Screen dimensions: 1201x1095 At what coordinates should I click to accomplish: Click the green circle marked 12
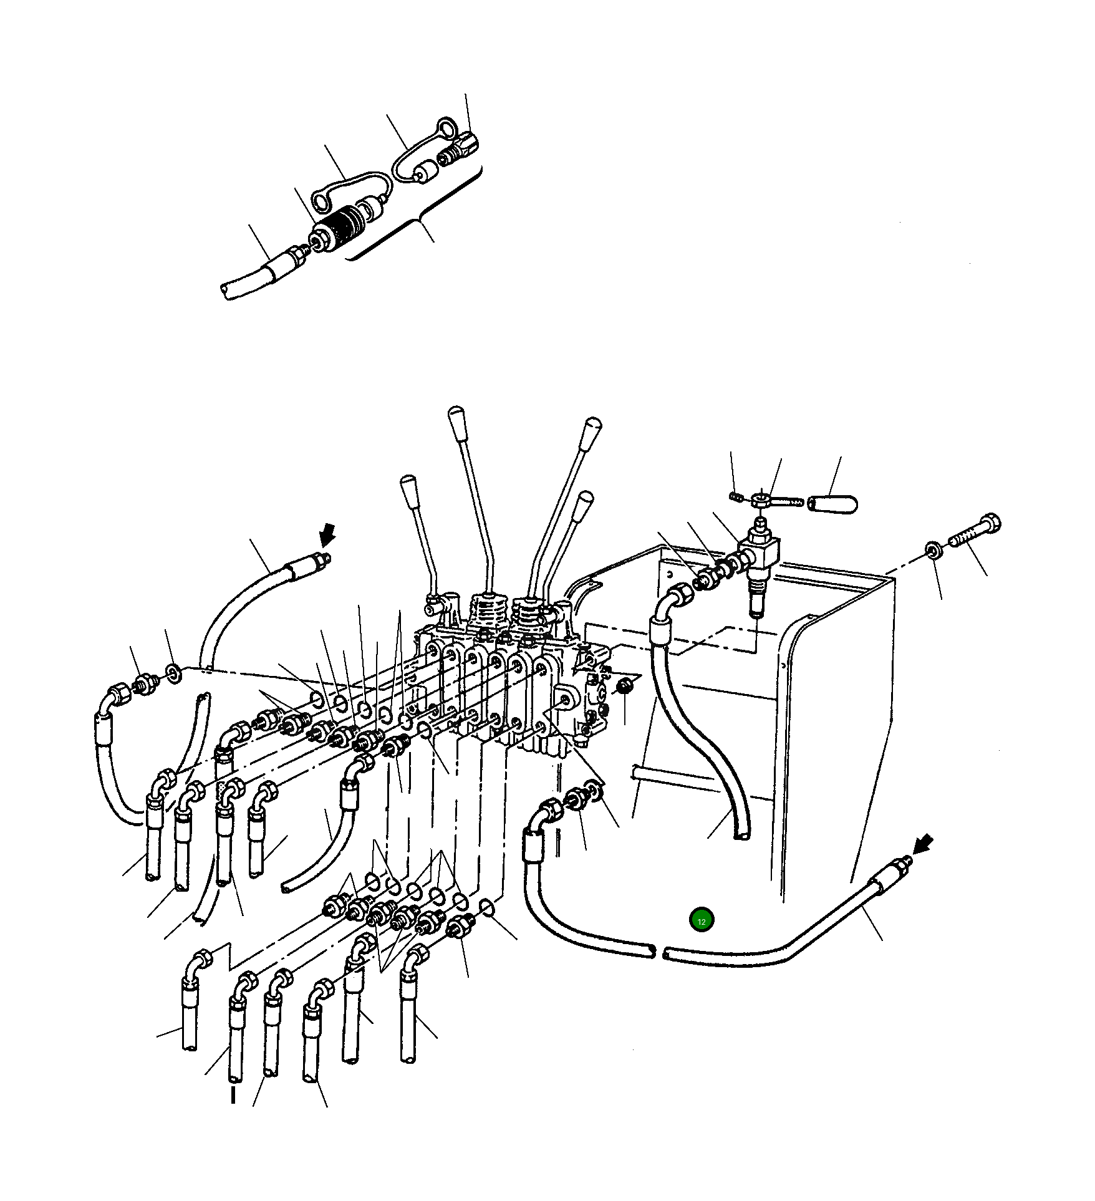point(701,920)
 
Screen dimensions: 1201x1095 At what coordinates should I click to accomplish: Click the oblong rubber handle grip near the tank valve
point(832,503)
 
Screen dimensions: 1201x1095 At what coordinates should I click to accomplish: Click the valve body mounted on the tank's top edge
point(761,551)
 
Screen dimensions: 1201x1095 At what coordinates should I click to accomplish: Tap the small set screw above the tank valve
point(735,496)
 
